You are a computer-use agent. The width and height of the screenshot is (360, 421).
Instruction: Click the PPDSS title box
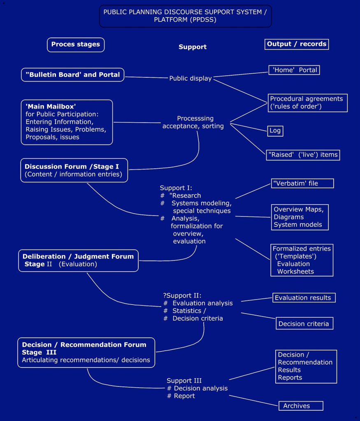(185, 16)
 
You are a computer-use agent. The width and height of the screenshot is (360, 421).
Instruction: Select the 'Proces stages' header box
(76, 44)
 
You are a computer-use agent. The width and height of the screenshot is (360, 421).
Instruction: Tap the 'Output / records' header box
(296, 44)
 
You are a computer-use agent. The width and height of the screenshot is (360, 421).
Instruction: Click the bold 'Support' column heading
(193, 47)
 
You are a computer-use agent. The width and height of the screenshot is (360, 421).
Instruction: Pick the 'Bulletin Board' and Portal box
(72, 74)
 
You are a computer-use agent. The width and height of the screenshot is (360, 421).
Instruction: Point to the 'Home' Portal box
(294, 70)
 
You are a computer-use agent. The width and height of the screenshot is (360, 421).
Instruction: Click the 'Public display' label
(190, 78)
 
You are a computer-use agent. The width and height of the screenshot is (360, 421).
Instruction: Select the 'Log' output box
(275, 131)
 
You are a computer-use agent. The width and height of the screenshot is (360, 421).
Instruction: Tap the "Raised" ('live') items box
(303, 155)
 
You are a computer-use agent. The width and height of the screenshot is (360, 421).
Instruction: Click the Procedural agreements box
(307, 103)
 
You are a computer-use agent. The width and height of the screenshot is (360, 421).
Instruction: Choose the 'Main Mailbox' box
(67, 122)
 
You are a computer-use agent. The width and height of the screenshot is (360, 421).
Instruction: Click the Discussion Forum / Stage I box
(74, 170)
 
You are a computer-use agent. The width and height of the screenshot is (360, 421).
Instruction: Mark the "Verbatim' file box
(302, 183)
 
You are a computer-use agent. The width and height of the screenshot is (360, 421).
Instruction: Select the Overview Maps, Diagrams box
(302, 217)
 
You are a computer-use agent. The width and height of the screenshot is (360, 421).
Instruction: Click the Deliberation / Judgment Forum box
(78, 260)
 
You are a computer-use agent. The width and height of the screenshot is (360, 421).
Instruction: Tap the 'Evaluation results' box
(304, 298)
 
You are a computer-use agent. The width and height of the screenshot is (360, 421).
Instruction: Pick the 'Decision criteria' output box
(304, 323)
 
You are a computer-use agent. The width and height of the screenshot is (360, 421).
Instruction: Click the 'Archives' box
(301, 406)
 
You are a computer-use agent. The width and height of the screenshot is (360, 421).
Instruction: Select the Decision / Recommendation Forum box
(86, 352)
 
